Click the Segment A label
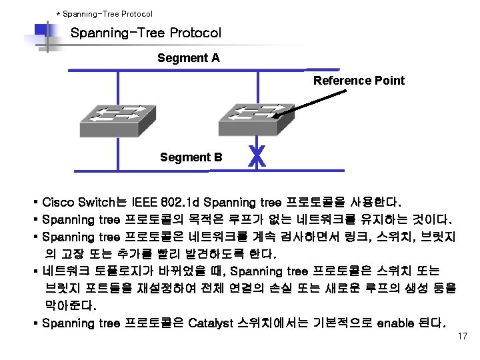coord(188,58)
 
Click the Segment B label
coord(191,157)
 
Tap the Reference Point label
coord(359,81)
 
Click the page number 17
coord(463,337)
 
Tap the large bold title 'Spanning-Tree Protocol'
coord(145,33)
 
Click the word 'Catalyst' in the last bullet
coord(211,323)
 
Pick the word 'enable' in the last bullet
coord(397,323)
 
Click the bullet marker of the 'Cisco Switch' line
coord(34,202)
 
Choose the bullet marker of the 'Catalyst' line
coord(34,323)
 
